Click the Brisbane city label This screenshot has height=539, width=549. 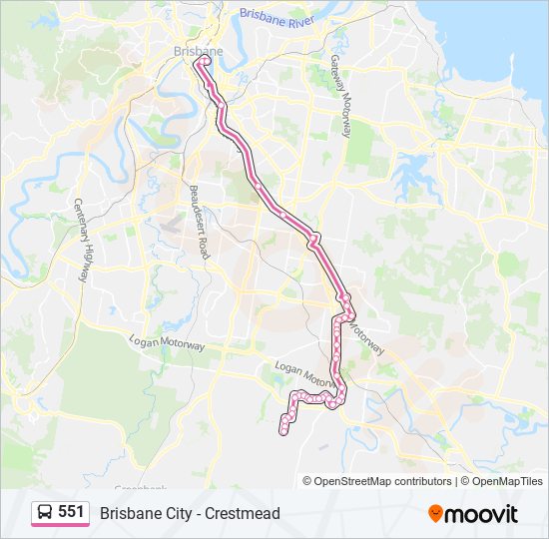(x=198, y=51)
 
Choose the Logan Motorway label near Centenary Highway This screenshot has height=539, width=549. (x=166, y=342)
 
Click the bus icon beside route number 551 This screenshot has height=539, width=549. (x=45, y=513)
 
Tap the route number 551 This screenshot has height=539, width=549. (x=71, y=512)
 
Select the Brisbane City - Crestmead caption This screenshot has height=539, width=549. (x=190, y=513)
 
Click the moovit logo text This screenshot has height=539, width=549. (x=481, y=514)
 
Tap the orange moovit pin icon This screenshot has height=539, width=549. (x=435, y=514)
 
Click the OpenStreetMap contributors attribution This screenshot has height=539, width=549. (x=377, y=481)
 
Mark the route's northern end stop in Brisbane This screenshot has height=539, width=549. (x=206, y=60)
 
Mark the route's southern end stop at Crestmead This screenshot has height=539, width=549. (x=282, y=430)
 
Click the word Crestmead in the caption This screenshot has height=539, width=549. (x=243, y=513)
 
